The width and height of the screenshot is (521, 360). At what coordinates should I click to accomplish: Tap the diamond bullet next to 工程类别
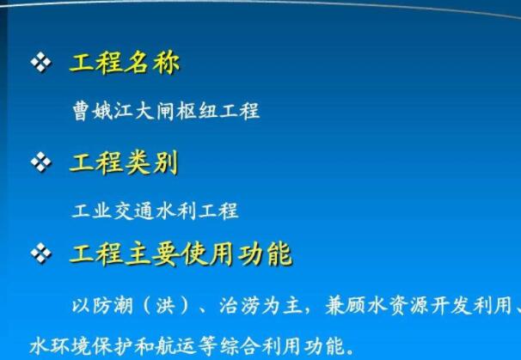pyautogui.click(x=41, y=162)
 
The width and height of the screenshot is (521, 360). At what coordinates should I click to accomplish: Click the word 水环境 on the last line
pyautogui.click(x=61, y=346)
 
